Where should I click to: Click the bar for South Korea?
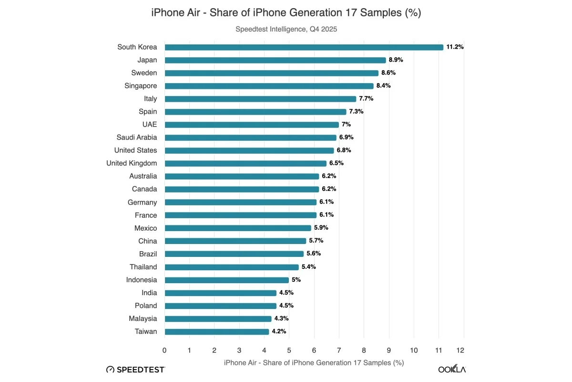click(304, 47)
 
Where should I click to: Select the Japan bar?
click(275, 60)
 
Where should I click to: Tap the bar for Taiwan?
click(217, 331)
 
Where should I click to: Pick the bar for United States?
click(249, 150)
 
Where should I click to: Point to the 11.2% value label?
click(455, 47)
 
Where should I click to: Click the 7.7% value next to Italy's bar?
click(366, 99)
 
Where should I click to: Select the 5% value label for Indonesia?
click(296, 280)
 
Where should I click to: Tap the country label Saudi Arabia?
click(136, 138)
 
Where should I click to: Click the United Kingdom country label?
click(132, 163)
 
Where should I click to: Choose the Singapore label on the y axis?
click(141, 86)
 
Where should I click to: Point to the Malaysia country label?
click(143, 318)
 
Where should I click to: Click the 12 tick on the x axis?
click(460, 350)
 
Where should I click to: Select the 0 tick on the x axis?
click(164, 350)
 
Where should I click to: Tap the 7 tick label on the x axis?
click(339, 350)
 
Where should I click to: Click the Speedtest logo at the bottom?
click(135, 369)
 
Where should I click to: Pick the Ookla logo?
click(452, 369)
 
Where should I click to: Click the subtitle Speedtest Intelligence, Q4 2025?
click(286, 29)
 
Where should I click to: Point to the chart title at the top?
click(286, 13)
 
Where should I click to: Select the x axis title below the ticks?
click(314, 363)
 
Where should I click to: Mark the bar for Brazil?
click(234, 254)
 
